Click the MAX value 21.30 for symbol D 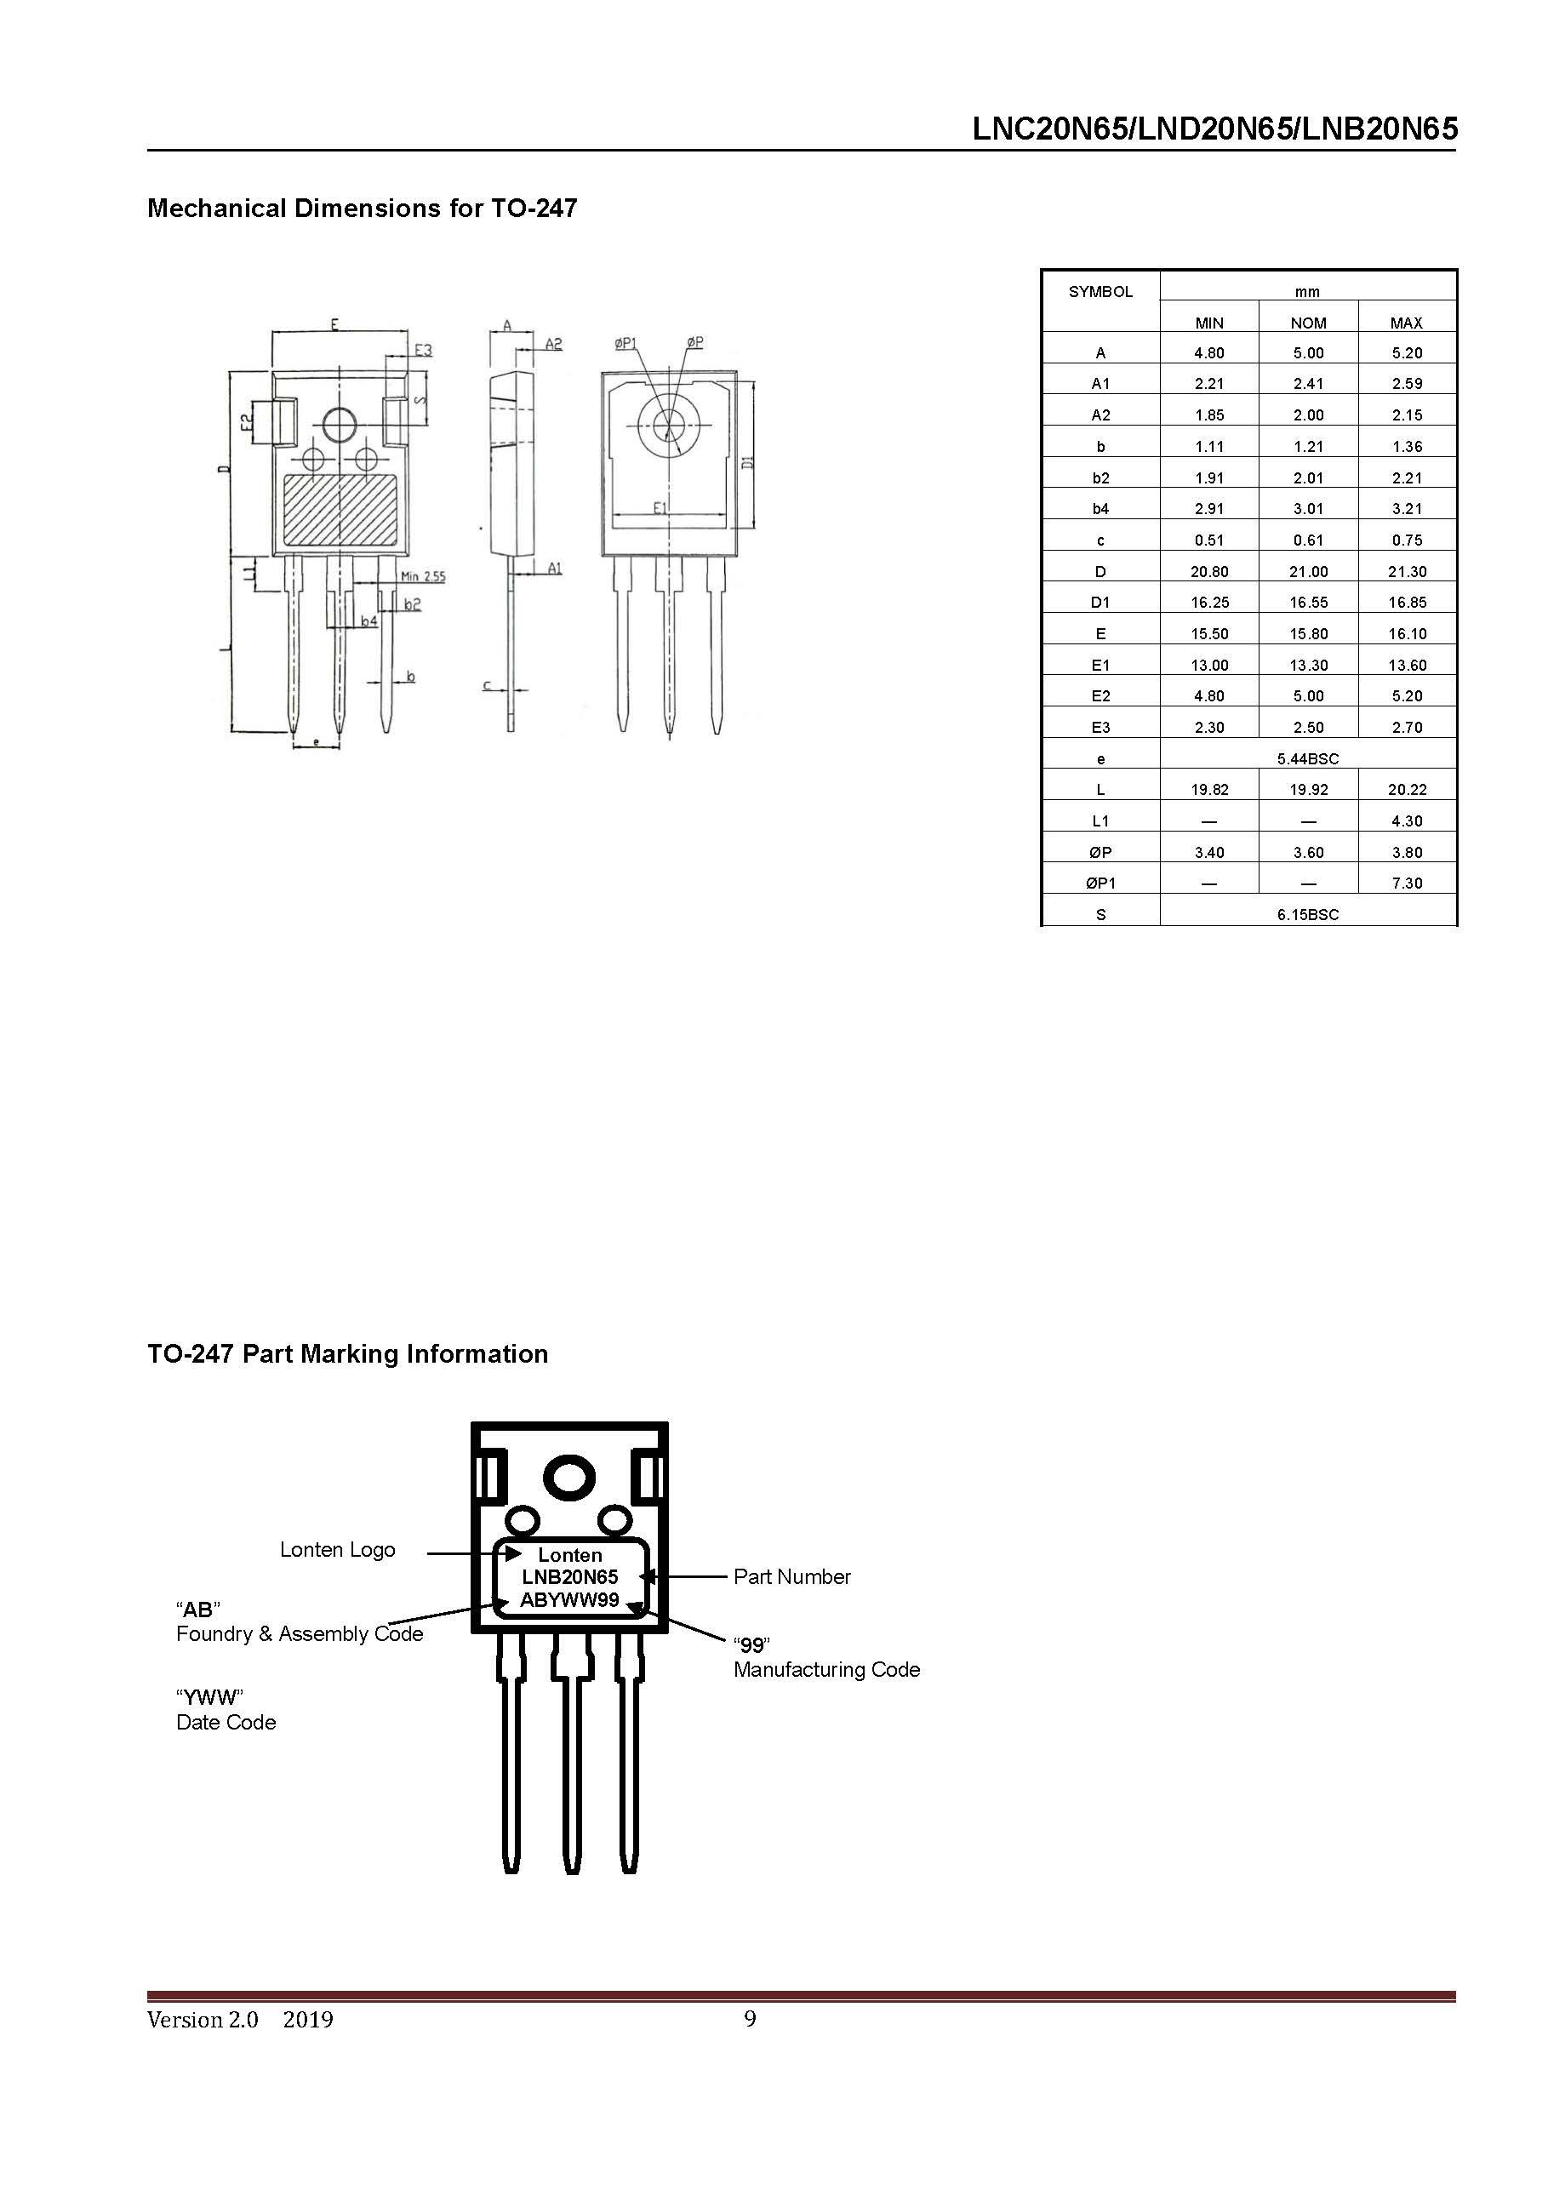(1406, 571)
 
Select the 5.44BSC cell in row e (1308, 758)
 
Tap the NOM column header (1308, 323)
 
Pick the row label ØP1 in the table (1100, 883)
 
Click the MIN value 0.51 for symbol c (1208, 540)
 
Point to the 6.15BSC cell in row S (1308, 915)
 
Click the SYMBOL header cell (1100, 292)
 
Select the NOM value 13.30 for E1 (1308, 665)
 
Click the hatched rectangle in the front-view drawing (340, 512)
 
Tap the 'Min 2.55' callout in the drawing (422, 576)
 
